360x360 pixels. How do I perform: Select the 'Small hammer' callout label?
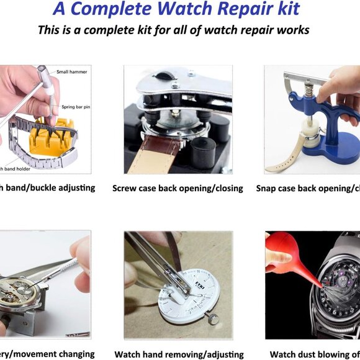72,72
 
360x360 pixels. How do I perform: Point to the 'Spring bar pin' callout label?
76,107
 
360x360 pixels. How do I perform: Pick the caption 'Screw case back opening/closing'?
178,188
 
